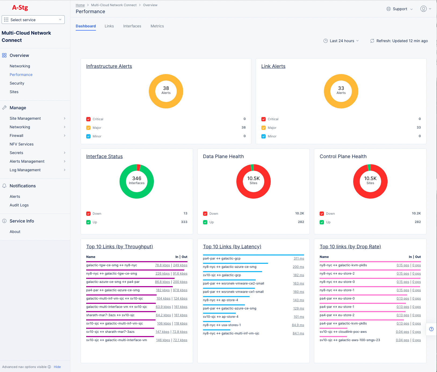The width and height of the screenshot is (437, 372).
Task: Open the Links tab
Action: coord(109,26)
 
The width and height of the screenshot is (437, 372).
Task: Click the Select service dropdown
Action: coord(33,20)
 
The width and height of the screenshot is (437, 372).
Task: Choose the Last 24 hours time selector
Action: coord(341,41)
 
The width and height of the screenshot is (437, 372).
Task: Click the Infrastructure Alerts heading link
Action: coord(109,66)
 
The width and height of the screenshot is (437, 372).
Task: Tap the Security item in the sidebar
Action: coord(17,83)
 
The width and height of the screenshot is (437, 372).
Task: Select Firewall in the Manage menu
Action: coord(16,136)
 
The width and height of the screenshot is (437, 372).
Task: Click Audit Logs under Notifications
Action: coord(19,205)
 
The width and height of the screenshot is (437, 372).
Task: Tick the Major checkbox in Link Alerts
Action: coord(263,128)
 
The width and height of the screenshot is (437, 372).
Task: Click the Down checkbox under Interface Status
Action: coord(88,214)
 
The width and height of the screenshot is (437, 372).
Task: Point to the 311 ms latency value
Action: coord(299,258)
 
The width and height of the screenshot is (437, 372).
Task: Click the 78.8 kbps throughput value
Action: coord(162,265)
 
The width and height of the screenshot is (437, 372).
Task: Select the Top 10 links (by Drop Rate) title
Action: coord(350,247)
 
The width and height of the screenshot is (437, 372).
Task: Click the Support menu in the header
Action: coord(400,9)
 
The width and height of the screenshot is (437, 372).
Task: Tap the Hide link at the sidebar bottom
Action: coord(57,367)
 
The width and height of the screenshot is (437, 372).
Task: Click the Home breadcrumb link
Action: coord(80,5)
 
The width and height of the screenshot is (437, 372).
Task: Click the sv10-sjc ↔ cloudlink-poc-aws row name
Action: coord(343,332)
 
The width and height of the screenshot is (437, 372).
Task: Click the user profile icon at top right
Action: coord(424,9)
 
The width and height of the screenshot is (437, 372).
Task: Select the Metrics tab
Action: coord(157,26)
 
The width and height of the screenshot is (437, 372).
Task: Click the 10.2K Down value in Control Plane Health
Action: coord(416,213)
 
